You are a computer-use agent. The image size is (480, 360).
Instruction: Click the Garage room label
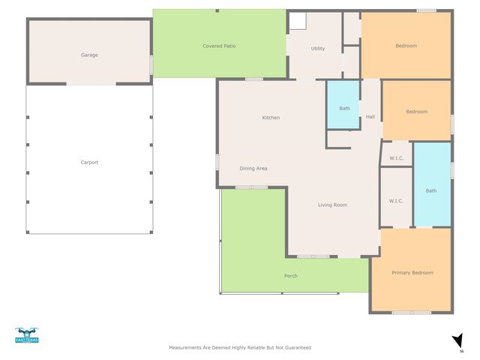[89, 55]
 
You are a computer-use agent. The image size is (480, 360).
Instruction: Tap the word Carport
[89, 162]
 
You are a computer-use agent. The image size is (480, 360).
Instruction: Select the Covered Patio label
[220, 46]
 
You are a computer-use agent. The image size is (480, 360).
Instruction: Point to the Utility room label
[318, 49]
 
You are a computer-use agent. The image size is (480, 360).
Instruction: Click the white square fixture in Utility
[297, 21]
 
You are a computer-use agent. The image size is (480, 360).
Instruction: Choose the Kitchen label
[271, 117]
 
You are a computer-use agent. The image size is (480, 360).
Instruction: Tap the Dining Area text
[253, 168]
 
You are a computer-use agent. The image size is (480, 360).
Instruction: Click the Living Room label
[332, 205]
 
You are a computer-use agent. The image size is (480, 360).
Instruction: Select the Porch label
[291, 275]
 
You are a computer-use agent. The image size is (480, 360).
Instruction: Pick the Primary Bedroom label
[412, 272]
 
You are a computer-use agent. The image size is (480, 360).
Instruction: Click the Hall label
[370, 117]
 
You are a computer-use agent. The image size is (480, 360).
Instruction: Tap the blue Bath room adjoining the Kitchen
[344, 109]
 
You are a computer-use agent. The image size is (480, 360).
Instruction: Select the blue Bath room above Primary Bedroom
[431, 190]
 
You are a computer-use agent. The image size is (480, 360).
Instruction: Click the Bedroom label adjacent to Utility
[406, 46]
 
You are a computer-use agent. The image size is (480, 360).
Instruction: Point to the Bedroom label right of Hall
[416, 112]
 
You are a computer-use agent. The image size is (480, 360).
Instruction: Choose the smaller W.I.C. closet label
[397, 157]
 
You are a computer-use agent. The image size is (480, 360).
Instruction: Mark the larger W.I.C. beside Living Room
[396, 200]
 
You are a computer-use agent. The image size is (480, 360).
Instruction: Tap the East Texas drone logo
[26, 334]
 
